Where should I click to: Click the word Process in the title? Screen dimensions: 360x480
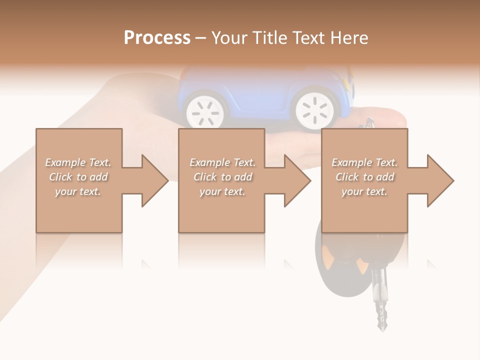pos(157,38)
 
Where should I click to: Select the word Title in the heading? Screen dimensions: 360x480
pos(269,38)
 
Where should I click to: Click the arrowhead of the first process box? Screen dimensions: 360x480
pos(153,180)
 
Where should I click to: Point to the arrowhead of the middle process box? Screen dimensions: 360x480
pos(296,180)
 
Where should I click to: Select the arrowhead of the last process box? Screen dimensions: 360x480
pos(439,180)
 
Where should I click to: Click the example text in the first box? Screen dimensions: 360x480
pos(78,177)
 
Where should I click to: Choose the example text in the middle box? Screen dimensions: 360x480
pos(222,177)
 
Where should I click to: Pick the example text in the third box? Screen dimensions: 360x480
pos(364,177)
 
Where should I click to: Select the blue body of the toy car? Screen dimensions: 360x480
pos(250,90)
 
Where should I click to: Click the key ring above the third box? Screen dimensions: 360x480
pos(370,122)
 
